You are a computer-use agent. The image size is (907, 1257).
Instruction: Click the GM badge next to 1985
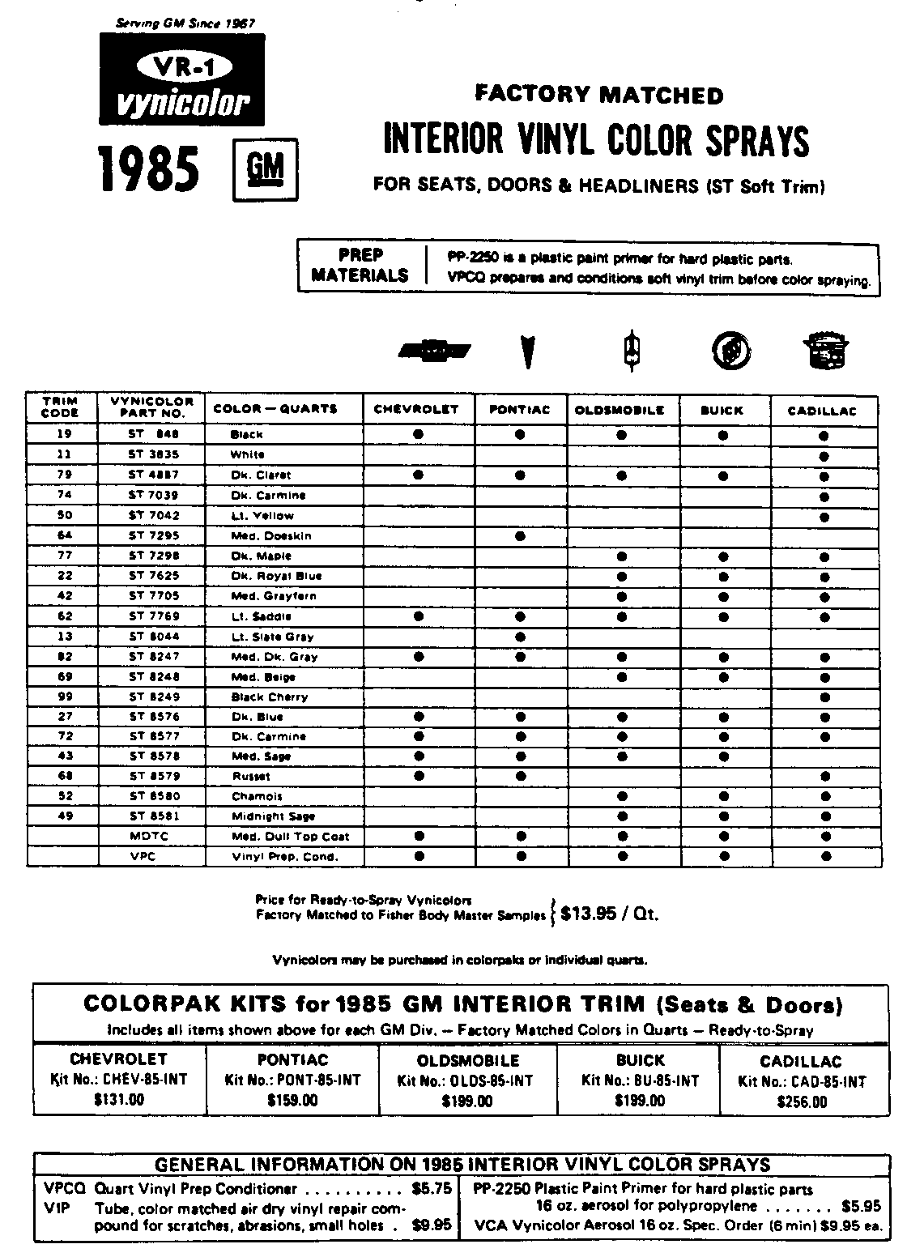[x=265, y=169]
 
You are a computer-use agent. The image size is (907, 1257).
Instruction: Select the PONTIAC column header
[x=520, y=410]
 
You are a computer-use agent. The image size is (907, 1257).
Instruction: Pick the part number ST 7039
[x=153, y=495]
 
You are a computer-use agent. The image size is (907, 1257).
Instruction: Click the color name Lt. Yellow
[x=262, y=515]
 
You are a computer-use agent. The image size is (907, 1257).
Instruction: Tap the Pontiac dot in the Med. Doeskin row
[x=520, y=535]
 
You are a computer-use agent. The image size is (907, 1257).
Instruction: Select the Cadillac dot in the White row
[x=824, y=455]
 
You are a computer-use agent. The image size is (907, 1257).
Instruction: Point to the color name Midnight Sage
[x=273, y=816]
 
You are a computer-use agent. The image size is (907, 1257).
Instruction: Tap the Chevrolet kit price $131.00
[x=118, y=1099]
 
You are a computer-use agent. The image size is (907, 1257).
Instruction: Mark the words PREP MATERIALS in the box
[x=360, y=265]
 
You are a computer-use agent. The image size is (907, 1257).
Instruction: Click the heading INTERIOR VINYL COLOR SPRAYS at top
[x=595, y=140]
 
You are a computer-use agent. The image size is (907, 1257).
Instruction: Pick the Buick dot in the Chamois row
[x=723, y=796]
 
